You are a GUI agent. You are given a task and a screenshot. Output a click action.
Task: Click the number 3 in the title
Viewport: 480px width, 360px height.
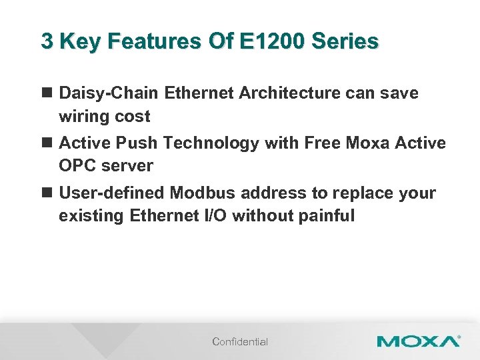(47, 41)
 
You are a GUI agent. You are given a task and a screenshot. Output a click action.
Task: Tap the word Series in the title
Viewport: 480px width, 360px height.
(345, 41)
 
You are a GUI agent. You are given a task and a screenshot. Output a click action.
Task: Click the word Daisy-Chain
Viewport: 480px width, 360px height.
(109, 93)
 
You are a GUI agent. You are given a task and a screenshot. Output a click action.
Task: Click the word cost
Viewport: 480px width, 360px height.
(133, 117)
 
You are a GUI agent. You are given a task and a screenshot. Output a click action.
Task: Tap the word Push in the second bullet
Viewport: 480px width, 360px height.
(137, 143)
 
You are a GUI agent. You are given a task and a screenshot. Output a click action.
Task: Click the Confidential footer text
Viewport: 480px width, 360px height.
(240, 342)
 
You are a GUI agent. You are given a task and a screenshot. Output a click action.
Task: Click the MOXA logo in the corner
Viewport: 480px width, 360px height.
(418, 341)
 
